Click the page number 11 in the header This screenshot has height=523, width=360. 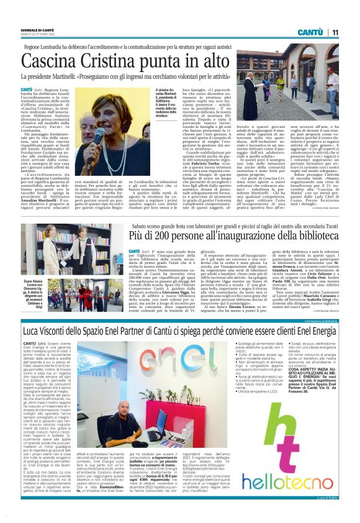click(335, 32)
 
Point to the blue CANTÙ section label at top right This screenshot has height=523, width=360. click(309, 32)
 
